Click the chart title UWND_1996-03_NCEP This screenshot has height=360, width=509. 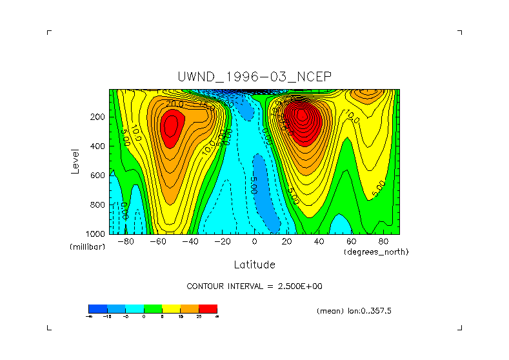click(254, 77)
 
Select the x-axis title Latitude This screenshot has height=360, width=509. click(254, 265)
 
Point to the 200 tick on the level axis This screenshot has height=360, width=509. click(97, 117)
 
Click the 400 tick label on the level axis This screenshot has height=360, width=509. click(97, 146)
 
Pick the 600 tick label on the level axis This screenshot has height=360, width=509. click(97, 175)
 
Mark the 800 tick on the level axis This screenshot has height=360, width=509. click(97, 205)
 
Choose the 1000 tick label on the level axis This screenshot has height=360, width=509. click(95, 234)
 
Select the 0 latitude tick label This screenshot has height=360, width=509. click(254, 241)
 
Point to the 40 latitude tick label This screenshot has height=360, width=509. click(319, 241)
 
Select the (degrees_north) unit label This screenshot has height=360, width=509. click(376, 252)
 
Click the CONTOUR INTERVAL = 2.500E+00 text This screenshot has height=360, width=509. click(254, 286)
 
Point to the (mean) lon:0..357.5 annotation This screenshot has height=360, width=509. click(354, 311)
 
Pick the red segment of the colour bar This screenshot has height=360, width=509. click(208, 308)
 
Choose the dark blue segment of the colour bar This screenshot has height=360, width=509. click(97, 308)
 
